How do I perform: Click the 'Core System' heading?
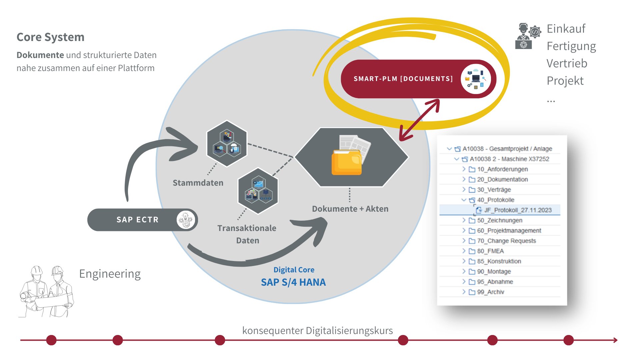[50, 37]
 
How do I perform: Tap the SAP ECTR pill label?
[137, 220]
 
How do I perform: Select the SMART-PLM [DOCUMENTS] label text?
[403, 79]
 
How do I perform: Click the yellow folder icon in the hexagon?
[347, 162]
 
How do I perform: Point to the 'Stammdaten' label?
[198, 183]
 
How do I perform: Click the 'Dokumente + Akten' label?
[350, 209]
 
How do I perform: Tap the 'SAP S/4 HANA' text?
[293, 282]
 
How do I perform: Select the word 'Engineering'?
[110, 274]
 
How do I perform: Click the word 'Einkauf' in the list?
[566, 29]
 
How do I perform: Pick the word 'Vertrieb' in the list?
[567, 63]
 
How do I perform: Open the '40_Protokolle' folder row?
[496, 200]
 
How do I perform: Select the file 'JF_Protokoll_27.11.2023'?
[518, 210]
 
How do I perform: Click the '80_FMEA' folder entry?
[490, 251]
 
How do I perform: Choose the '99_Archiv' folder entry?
[490, 292]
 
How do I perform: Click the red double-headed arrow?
[420, 120]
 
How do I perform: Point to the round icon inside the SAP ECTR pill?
[186, 220]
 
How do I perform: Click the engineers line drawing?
[46, 291]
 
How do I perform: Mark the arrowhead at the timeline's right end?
[615, 340]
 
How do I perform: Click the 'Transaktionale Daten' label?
[247, 234]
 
